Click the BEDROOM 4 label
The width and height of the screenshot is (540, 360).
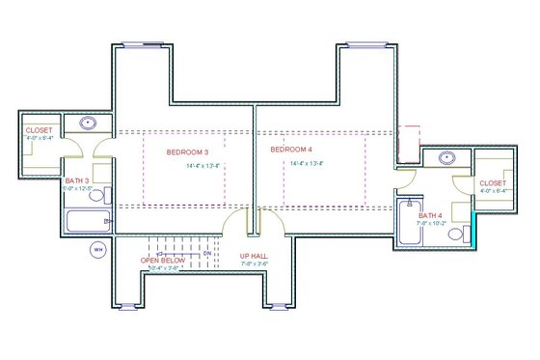(x=292, y=150)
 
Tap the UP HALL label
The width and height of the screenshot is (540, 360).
(x=254, y=256)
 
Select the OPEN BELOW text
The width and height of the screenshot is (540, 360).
(x=162, y=261)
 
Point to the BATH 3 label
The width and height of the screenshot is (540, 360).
(x=77, y=180)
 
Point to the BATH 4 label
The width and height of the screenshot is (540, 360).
(x=430, y=215)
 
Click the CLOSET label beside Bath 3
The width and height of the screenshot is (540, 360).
(x=40, y=130)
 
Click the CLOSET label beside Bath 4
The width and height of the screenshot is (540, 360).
(x=493, y=182)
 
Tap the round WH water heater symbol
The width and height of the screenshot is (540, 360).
(x=97, y=250)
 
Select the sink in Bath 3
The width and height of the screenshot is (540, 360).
(x=88, y=123)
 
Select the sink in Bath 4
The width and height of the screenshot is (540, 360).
(x=446, y=157)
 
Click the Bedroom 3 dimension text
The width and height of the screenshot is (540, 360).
(x=203, y=166)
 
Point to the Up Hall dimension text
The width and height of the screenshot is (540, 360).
(x=254, y=263)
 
